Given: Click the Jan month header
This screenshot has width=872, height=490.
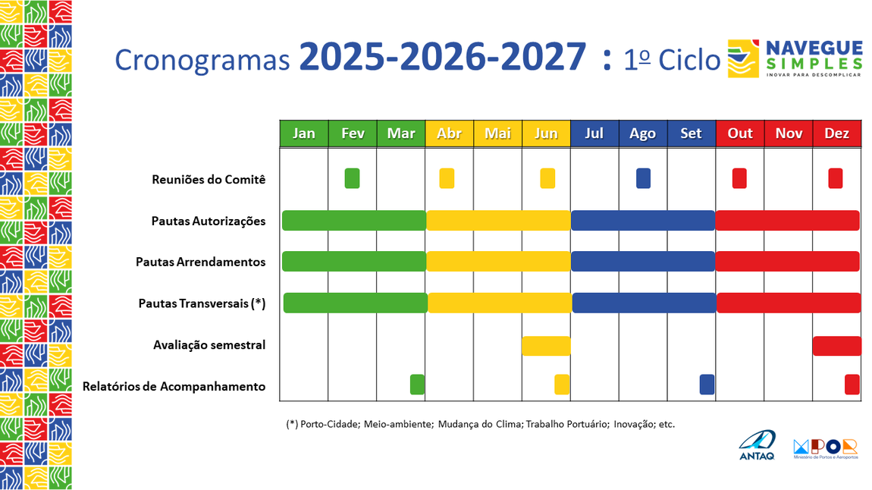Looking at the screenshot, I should coord(304,133).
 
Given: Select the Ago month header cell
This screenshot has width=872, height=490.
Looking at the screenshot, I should coord(642,133).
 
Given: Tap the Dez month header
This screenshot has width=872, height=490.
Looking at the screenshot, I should coord(836,133).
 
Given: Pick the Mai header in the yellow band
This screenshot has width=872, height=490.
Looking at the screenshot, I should coord(497,133).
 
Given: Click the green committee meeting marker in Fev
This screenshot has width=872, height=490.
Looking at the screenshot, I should coord(352,178).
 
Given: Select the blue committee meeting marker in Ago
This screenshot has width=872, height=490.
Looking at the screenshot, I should coord(643,178).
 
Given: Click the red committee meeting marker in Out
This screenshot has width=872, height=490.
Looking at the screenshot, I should coord(739,178).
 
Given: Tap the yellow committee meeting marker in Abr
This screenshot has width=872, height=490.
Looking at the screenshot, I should coord(447,178).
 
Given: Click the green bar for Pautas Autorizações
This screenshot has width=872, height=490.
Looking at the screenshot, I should coord(353,221).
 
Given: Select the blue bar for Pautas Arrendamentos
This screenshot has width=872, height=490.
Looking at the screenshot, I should coord(643,261).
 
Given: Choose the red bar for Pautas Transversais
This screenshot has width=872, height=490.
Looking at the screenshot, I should coord(789,303).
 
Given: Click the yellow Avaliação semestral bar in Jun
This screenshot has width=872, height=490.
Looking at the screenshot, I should coord(546,346).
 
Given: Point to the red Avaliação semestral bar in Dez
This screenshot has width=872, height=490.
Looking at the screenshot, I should coord(836,346).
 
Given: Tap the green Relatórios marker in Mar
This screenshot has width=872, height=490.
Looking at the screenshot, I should coord(417,385).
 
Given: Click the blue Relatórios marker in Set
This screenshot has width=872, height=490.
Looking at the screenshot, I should coord(707,385).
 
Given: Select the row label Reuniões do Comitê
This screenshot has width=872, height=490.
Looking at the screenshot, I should coord(209,180).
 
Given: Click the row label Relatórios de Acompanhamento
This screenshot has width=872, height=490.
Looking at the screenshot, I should coord(174,386).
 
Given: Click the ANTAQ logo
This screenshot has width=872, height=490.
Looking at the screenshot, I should coord(757,445).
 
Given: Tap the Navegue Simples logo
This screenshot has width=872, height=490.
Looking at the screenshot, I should coord(794,58).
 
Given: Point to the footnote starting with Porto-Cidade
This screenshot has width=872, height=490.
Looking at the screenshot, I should coord(480,424).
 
